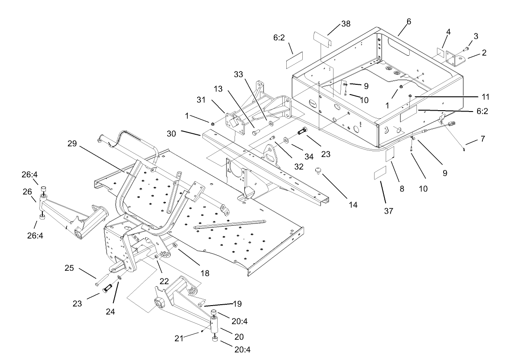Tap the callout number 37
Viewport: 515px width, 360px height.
click(388, 211)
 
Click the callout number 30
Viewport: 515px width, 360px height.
click(172, 133)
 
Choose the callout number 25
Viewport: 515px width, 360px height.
click(69, 269)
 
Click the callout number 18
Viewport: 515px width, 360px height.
click(205, 273)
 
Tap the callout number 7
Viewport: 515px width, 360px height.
click(482, 140)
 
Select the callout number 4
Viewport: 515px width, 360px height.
click(448, 32)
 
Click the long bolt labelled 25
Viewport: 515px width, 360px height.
click(102, 281)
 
